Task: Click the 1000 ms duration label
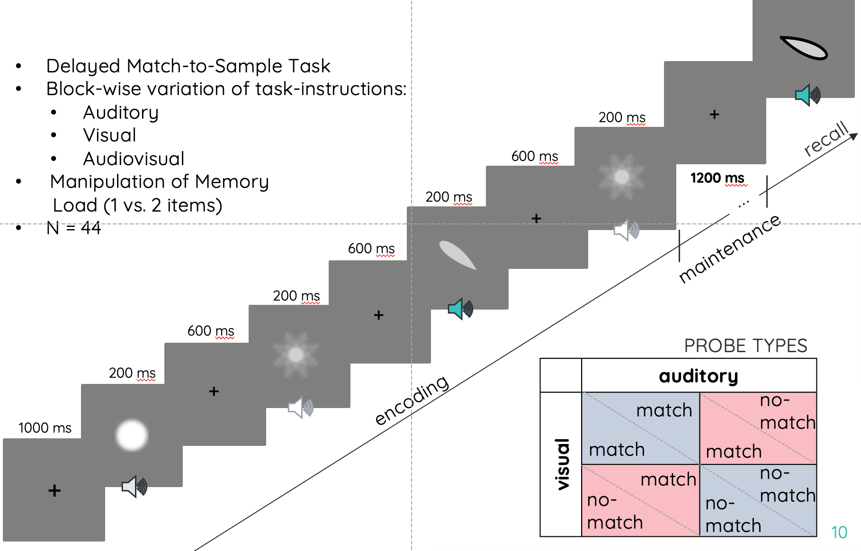(x=45, y=428)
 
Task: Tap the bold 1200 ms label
(x=717, y=178)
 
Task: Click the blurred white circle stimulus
(x=132, y=435)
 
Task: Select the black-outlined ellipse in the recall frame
(x=804, y=48)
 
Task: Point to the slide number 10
(x=839, y=533)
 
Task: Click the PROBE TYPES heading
(x=745, y=346)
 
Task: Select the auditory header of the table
(x=699, y=376)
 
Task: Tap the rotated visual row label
(x=562, y=464)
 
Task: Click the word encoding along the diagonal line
(x=412, y=400)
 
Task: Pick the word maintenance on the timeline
(x=730, y=248)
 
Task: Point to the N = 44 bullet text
(x=74, y=228)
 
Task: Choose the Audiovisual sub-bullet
(x=134, y=159)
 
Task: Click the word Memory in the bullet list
(x=232, y=182)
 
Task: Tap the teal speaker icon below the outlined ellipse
(x=807, y=95)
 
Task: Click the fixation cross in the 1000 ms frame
(x=54, y=490)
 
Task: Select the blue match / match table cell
(x=640, y=428)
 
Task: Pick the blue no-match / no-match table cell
(x=758, y=500)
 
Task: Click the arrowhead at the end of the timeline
(x=854, y=136)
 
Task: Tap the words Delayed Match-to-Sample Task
(x=188, y=66)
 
